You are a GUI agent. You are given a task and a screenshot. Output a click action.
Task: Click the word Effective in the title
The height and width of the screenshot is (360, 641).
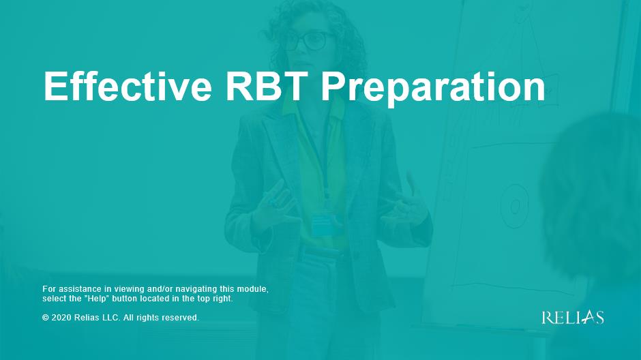[128, 86]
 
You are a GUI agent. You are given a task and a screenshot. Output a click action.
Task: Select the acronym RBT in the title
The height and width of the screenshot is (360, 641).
[267, 86]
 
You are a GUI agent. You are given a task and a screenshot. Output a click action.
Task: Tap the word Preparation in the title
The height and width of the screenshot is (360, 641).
[433, 87]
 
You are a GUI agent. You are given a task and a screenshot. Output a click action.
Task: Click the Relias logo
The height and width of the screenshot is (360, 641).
[573, 318]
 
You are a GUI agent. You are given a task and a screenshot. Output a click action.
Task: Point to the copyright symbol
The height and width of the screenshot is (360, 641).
[46, 318]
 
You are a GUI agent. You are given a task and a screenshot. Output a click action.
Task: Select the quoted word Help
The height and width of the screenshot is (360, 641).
[96, 299]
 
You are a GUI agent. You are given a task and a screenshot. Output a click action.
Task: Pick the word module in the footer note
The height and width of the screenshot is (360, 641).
[254, 289]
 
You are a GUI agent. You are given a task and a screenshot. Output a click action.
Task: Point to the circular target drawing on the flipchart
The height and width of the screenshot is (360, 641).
[514, 205]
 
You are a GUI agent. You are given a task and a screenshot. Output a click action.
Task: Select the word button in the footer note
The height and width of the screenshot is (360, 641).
[124, 299]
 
